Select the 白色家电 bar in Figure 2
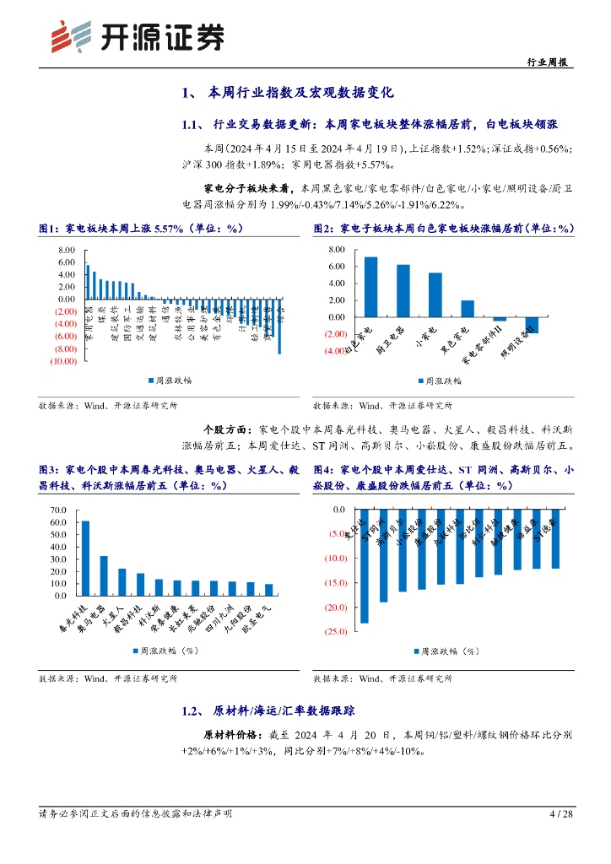point(370,287)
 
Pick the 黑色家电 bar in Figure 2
point(468,309)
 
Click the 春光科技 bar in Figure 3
point(85,558)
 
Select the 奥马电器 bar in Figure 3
point(104,575)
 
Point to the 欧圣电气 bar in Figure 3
point(268,589)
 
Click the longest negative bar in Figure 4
point(364,566)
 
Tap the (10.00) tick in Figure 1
point(65,362)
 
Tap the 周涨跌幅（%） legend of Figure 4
point(445,651)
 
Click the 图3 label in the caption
point(49,469)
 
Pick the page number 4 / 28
point(561,814)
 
